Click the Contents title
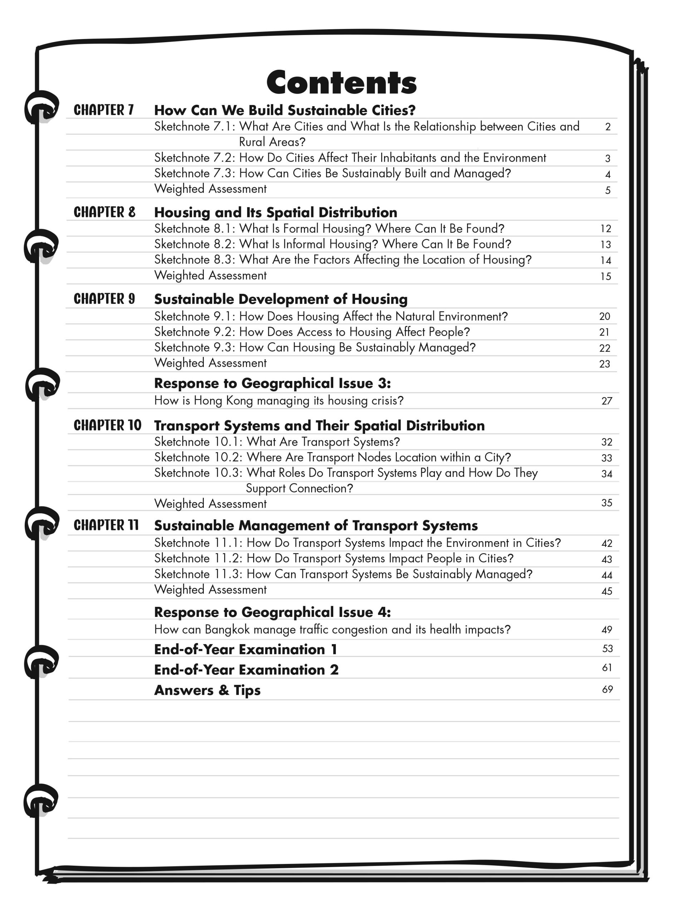(x=341, y=83)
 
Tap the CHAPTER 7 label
(x=104, y=110)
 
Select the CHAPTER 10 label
(x=107, y=425)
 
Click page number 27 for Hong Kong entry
(x=606, y=401)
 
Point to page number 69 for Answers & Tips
(x=607, y=689)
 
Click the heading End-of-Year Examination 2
(x=246, y=670)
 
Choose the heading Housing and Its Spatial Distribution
(x=275, y=212)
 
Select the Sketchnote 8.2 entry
(x=333, y=244)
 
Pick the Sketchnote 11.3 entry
(x=343, y=574)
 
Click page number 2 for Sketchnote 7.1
(x=608, y=127)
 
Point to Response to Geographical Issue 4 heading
(x=272, y=612)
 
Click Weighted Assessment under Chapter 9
(x=210, y=363)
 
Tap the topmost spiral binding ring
(x=41, y=108)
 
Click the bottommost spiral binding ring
(x=40, y=800)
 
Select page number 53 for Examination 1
(x=607, y=649)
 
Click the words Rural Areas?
(x=272, y=142)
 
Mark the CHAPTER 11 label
(x=106, y=525)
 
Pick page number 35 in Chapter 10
(x=606, y=503)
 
